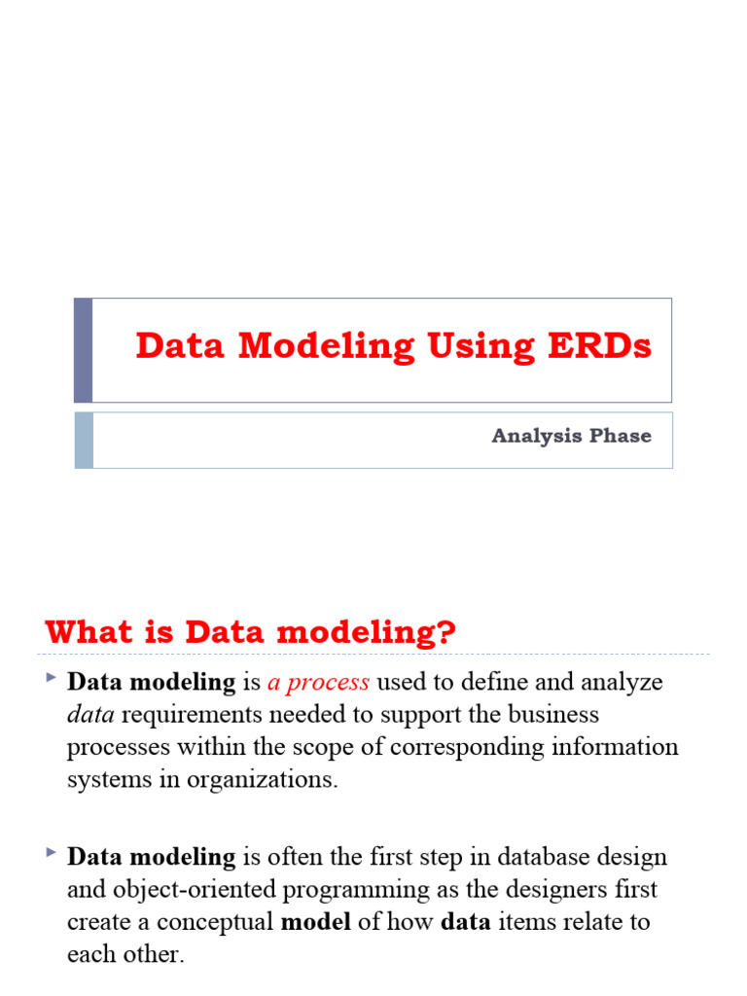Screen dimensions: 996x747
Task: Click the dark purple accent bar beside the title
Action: [84, 350]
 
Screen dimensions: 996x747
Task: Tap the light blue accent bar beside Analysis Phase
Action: [84, 440]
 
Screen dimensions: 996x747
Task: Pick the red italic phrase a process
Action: [318, 683]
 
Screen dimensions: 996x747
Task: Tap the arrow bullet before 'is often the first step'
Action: [50, 851]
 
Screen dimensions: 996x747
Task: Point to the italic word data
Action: [90, 715]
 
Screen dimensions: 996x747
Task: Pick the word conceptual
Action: [219, 922]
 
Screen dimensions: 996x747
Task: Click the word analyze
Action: [622, 683]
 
